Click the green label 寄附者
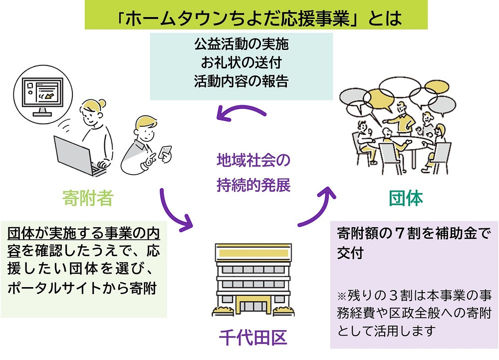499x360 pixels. (88, 198)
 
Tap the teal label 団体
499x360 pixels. (406, 198)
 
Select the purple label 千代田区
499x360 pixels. (253, 338)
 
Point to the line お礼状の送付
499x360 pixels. (241, 63)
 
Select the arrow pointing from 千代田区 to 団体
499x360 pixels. (319, 205)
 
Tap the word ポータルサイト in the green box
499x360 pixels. (48, 288)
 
